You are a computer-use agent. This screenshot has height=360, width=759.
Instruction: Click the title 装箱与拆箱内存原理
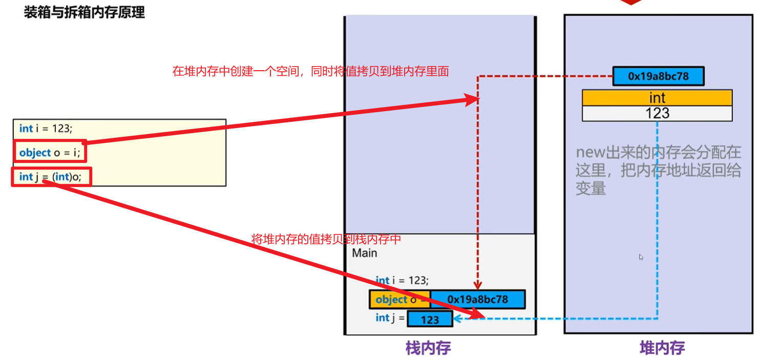(85, 12)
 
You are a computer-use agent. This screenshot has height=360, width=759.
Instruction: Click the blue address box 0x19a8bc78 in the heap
(658, 77)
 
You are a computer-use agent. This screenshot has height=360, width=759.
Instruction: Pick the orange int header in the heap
(657, 97)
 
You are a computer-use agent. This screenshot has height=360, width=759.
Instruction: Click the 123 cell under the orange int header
(657, 113)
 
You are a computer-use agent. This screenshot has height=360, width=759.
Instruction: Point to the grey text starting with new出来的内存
(658, 170)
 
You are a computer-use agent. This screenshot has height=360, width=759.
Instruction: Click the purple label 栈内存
(428, 348)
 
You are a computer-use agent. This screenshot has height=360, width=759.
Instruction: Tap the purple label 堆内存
(662, 348)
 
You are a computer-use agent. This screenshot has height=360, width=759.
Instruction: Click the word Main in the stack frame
(365, 253)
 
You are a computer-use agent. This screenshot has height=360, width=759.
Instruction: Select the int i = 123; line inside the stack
(402, 280)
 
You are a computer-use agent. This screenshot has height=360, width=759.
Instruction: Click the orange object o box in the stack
(399, 300)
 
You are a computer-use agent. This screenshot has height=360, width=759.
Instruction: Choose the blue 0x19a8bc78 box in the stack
(477, 299)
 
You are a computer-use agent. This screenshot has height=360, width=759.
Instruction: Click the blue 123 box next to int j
(430, 320)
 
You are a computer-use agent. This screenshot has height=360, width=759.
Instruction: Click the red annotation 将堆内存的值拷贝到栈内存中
(326, 239)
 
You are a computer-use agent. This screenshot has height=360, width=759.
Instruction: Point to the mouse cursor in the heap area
(641, 257)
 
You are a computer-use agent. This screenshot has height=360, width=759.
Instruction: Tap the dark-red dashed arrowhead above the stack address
(477, 286)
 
